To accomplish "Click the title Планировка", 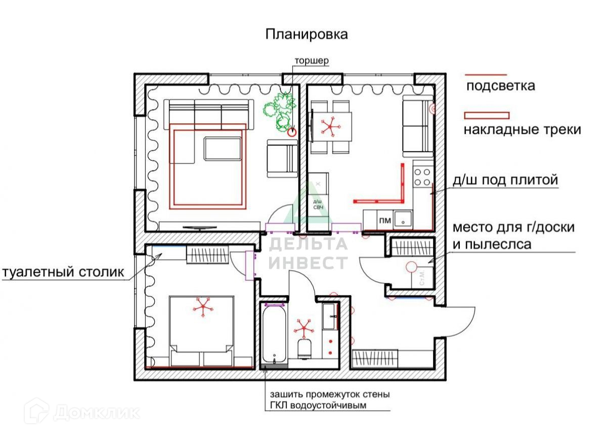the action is pyautogui.click(x=307, y=34).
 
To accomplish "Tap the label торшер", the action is pyautogui.click(x=313, y=61).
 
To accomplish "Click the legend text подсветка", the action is pyautogui.click(x=500, y=85).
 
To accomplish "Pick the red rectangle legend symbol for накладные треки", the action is pyautogui.click(x=487, y=115).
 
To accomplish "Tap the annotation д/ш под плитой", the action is pyautogui.click(x=504, y=180).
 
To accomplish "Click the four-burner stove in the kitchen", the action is pyautogui.click(x=422, y=176).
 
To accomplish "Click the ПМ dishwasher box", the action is pyautogui.click(x=384, y=220).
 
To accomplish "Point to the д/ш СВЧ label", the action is pyautogui.click(x=319, y=204).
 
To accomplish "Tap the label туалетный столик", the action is pyautogui.click(x=63, y=273).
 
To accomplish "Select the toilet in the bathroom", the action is pyautogui.click(x=305, y=349).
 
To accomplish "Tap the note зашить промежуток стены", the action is pyautogui.click(x=329, y=395).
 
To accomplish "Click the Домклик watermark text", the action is pyautogui.click(x=96, y=412).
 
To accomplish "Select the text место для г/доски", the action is pyautogui.click(x=513, y=227).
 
